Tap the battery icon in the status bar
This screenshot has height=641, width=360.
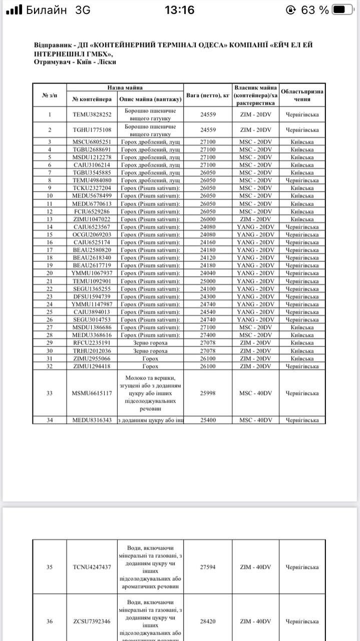coord(346,10)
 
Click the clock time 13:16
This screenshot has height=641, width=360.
coord(179,10)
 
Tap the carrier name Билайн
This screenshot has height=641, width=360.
coord(46,10)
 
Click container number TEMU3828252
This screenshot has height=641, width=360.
coord(92,114)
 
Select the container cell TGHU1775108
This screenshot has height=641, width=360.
coord(92,130)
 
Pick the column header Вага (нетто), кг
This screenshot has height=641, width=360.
coord(208,95)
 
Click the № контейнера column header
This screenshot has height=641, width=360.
coord(92,99)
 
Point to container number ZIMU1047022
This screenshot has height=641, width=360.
coord(92,219)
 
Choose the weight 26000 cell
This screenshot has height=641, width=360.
coord(208,219)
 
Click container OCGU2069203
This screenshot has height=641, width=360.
coord(92,234)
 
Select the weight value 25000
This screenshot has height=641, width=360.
coord(208,281)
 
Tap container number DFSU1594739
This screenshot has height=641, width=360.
coord(92,296)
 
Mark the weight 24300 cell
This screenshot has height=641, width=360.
coord(208,296)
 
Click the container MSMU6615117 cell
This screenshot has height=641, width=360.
coord(92,393)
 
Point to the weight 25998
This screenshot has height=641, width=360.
coord(208,393)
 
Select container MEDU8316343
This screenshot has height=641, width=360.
coord(92,420)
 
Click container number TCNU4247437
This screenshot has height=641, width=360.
coord(92,567)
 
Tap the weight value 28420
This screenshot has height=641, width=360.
coord(208,621)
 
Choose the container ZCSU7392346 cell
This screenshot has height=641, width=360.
coord(92,621)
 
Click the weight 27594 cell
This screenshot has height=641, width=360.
coord(208,567)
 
